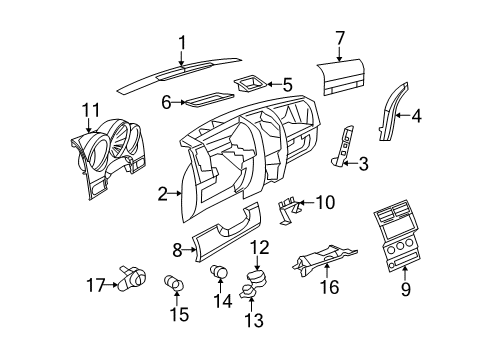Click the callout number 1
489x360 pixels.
click(182, 41)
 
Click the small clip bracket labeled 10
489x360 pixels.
click(289, 207)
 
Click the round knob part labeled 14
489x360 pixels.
click(220, 272)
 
